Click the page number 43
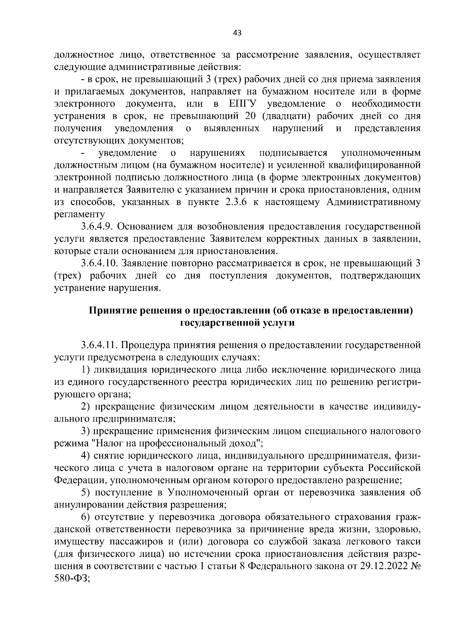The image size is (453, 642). coord(237,33)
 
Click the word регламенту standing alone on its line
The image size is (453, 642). coord(79,214)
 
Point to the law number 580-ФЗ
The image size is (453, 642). coord(72,578)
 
